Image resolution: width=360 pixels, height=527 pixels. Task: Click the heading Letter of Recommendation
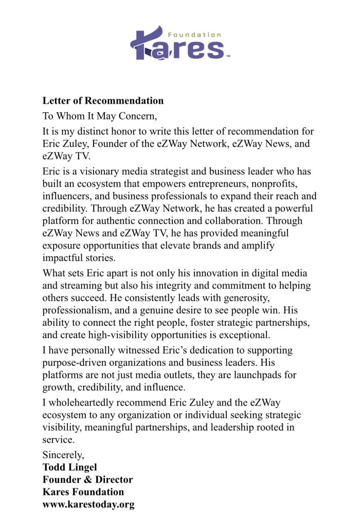pos(103,100)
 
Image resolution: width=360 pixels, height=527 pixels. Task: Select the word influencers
pos(67,196)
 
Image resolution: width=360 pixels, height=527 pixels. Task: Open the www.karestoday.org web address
pos(88,504)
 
